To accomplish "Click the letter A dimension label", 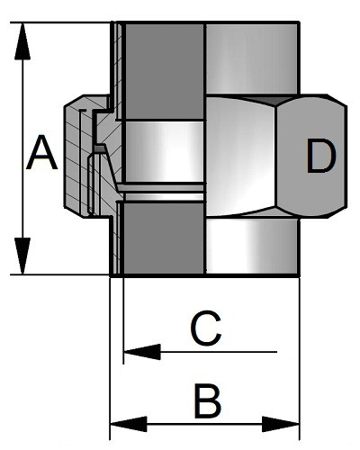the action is tap(41, 153).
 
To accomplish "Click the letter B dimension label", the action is tap(208, 400).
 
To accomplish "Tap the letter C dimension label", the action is tap(206, 328).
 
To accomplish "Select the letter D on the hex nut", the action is tap(321, 157).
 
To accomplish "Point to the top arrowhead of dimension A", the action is tap(22, 40).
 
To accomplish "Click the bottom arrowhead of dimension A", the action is tap(22, 256).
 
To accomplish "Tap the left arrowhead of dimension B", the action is tap(129, 424).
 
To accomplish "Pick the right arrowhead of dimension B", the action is tap(281, 424).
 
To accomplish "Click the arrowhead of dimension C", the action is tap(142, 352).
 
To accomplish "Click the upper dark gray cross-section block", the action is tap(165, 71).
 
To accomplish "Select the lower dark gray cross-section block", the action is tap(164, 238).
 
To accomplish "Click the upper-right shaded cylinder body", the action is tap(252, 58).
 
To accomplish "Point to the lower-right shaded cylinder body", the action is tap(253, 246).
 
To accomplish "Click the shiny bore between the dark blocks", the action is tap(164, 151).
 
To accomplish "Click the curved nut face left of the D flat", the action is tap(241, 156).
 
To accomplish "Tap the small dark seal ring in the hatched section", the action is tap(100, 148).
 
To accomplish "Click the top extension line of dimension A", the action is tap(60, 22).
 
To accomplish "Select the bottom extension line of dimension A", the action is tap(60, 274).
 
